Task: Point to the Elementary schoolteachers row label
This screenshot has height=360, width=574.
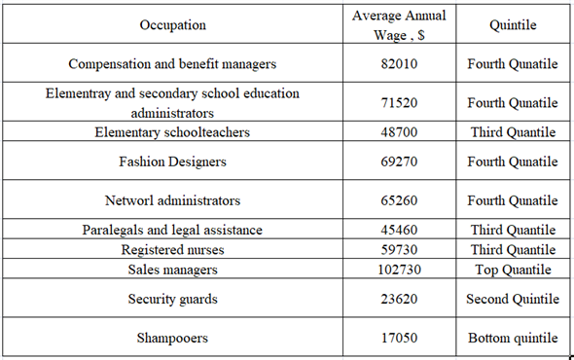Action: pos(172,132)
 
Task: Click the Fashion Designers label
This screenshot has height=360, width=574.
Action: pos(172,162)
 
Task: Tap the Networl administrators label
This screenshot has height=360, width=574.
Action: pos(172,200)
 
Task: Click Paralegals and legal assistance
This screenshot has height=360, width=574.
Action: pos(172,231)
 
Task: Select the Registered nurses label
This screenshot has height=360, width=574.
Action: pos(172,250)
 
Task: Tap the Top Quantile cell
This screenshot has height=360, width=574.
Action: pos(512,270)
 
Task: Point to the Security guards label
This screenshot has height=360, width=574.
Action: pos(172,299)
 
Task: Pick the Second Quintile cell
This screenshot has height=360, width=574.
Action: pos(512,299)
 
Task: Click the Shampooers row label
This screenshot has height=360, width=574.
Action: pos(172,338)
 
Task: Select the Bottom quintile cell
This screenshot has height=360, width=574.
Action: pos(512,338)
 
